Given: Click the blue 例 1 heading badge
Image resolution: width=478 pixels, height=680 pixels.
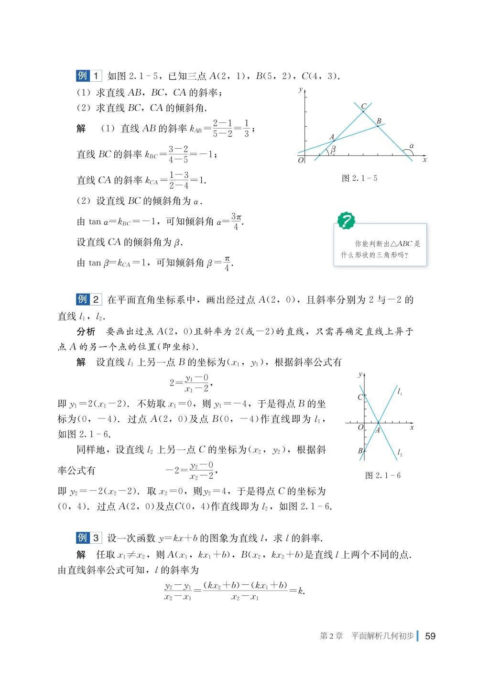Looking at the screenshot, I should (x=89, y=76).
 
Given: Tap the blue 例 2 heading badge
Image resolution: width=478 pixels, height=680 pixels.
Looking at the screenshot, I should (x=89, y=300).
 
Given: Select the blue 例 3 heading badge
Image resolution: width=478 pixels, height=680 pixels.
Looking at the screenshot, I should (x=89, y=537).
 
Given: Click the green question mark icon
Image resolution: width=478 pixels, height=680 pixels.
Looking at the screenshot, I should (x=346, y=221).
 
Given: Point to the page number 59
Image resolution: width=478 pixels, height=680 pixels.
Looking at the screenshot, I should (x=430, y=636).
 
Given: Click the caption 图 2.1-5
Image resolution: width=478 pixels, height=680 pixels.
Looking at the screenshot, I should (x=360, y=178).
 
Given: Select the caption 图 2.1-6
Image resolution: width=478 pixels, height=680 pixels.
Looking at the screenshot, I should (x=382, y=475).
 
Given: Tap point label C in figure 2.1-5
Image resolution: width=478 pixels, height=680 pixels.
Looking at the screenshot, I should (x=364, y=106).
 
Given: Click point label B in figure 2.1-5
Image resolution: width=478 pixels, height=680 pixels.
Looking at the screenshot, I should (x=379, y=121).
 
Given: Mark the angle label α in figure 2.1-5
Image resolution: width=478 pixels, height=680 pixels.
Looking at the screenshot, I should (x=411, y=145).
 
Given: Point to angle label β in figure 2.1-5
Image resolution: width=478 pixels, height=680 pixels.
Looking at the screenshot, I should (x=333, y=149).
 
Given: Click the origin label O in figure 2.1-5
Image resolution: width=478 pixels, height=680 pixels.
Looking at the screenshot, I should (x=301, y=161).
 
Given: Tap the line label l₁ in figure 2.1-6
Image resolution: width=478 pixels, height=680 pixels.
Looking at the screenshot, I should (x=400, y=392).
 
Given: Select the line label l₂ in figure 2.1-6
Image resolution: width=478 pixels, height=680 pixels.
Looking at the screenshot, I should (x=400, y=452).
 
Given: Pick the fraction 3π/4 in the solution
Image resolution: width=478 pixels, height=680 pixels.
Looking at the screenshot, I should (x=236, y=221).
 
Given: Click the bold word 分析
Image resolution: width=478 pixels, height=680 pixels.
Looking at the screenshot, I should (x=86, y=332).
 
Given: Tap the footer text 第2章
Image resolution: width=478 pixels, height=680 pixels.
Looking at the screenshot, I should (x=332, y=636).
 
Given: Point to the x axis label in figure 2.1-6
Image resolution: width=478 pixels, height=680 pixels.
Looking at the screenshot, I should (x=412, y=427).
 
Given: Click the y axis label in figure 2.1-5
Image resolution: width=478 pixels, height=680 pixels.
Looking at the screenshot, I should (x=301, y=89).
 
